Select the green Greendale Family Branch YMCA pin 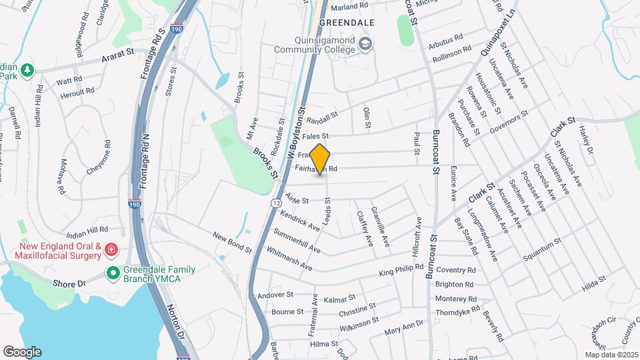tap(113, 274)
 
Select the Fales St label tap(317, 136)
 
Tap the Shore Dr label tap(69, 283)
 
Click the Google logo tap(22, 352)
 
